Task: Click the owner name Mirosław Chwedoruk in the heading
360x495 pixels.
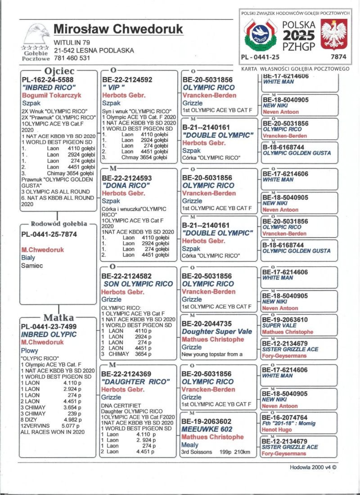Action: coord(118,29)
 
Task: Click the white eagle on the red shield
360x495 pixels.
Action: coord(333,35)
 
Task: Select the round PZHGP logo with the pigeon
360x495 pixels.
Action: coord(260,35)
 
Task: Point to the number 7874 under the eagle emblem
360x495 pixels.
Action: coord(338,57)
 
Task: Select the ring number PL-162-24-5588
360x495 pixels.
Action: coord(49,80)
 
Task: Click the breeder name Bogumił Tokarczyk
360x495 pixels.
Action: coord(51,95)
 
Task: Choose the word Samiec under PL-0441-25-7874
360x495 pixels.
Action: coord(32,265)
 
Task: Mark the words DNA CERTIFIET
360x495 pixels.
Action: coord(121,405)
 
